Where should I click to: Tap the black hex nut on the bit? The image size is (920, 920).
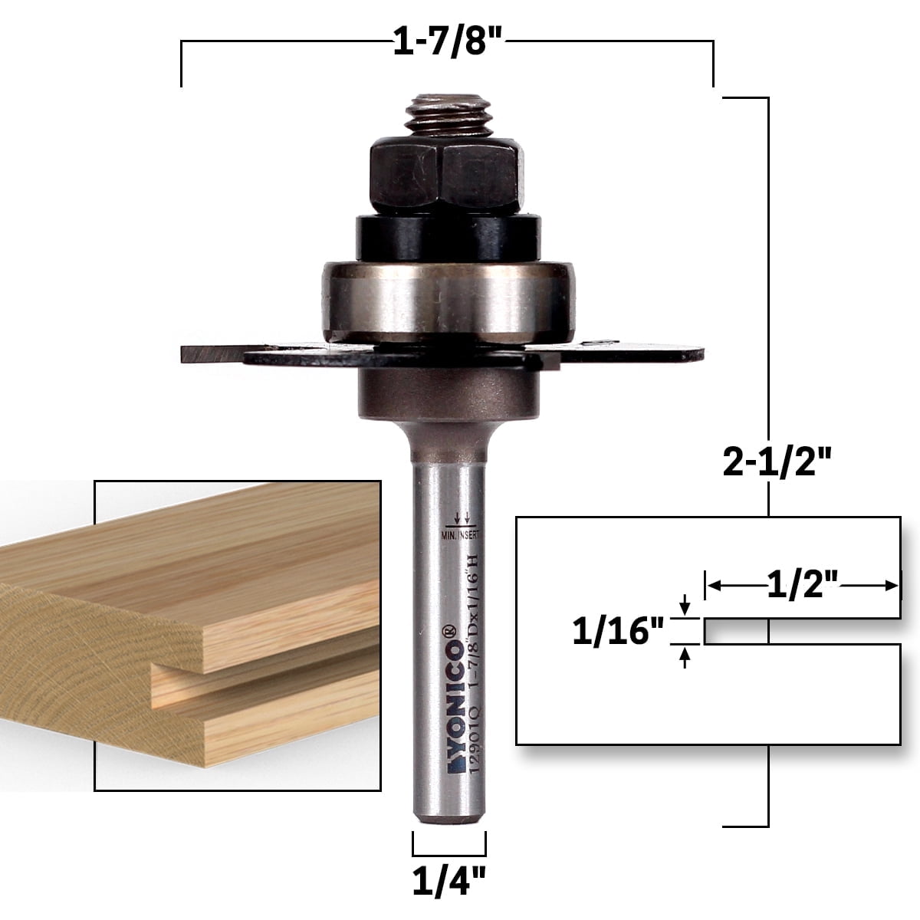(x=448, y=172)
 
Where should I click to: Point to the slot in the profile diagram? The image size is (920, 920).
(x=797, y=632)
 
